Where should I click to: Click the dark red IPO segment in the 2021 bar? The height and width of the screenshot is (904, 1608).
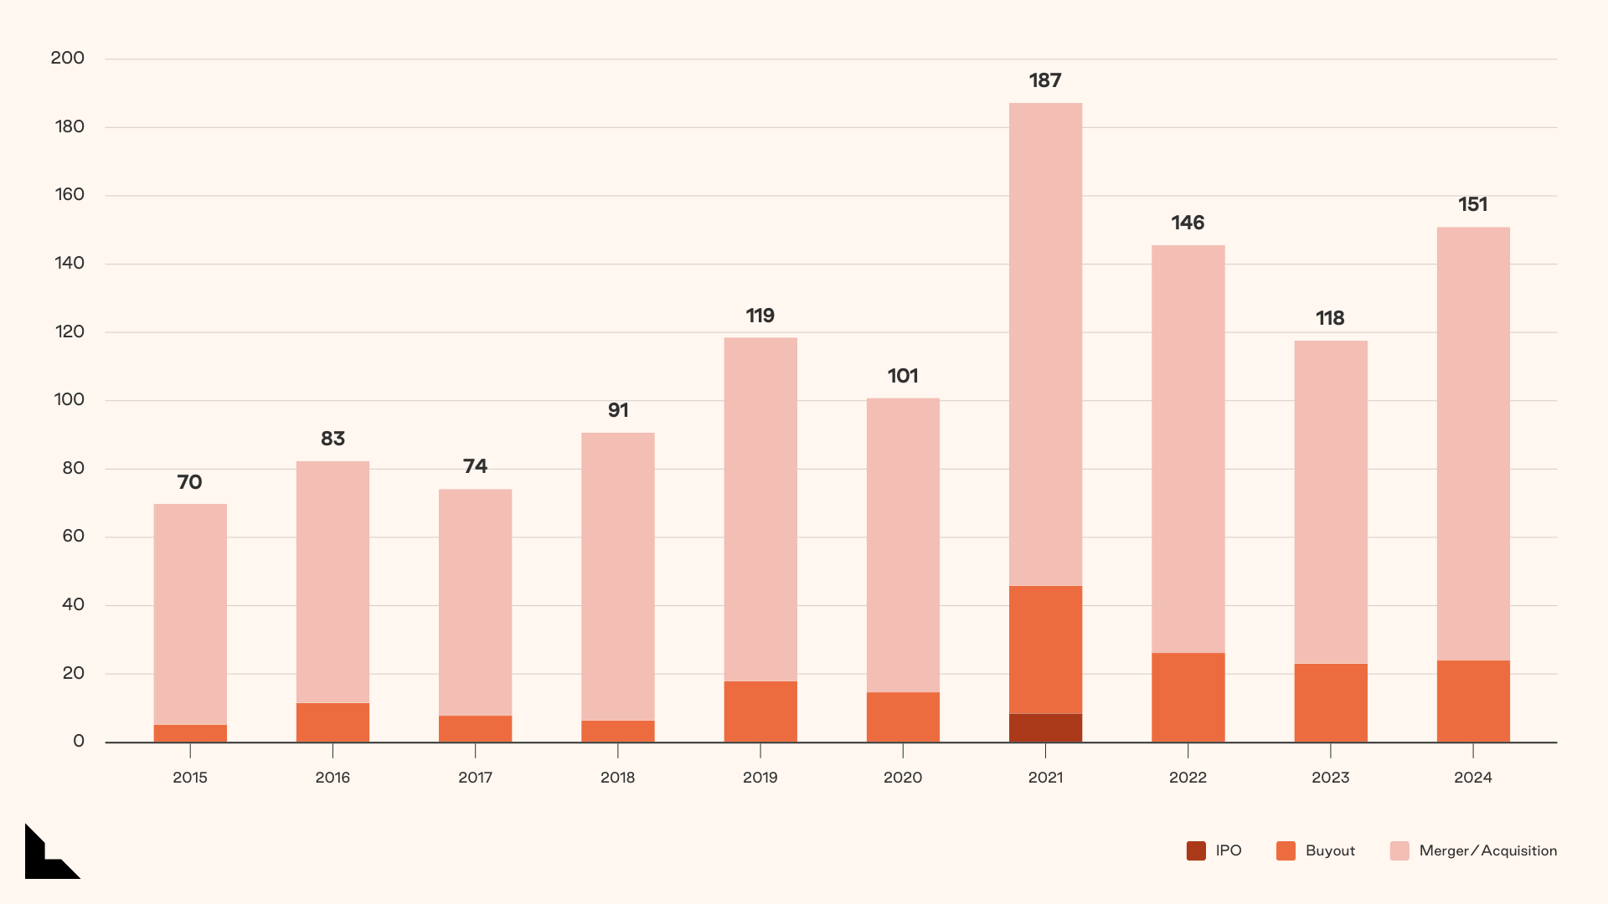click(x=1045, y=727)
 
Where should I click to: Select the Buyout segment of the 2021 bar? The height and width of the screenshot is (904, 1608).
click(x=1045, y=650)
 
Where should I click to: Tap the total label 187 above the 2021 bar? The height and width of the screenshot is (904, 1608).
click(x=1045, y=81)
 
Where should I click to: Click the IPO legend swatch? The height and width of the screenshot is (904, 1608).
click(x=1196, y=851)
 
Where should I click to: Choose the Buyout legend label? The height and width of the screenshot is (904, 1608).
click(x=1330, y=851)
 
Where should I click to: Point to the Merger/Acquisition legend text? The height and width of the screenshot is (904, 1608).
click(x=1488, y=851)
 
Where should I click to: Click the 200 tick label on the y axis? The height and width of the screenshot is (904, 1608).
click(x=68, y=59)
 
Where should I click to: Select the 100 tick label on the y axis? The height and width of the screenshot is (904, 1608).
click(x=70, y=400)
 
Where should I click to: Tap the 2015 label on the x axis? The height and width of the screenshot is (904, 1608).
click(x=190, y=778)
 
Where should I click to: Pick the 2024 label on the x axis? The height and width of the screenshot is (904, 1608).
click(x=1473, y=778)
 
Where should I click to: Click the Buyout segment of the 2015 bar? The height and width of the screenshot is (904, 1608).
click(x=190, y=733)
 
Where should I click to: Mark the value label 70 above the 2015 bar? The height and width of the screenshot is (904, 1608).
click(x=190, y=483)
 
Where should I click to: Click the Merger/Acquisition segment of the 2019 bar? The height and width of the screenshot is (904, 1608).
click(x=760, y=509)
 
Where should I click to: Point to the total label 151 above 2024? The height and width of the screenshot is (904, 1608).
click(x=1473, y=205)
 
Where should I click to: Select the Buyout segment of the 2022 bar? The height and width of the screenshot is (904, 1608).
click(x=1188, y=697)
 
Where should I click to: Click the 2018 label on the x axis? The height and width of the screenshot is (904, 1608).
click(x=618, y=778)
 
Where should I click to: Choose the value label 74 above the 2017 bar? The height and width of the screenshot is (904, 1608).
click(x=475, y=467)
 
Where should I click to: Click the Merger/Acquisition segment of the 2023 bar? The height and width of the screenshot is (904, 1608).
click(x=1331, y=502)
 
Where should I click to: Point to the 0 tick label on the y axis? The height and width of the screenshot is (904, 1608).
click(x=79, y=742)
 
